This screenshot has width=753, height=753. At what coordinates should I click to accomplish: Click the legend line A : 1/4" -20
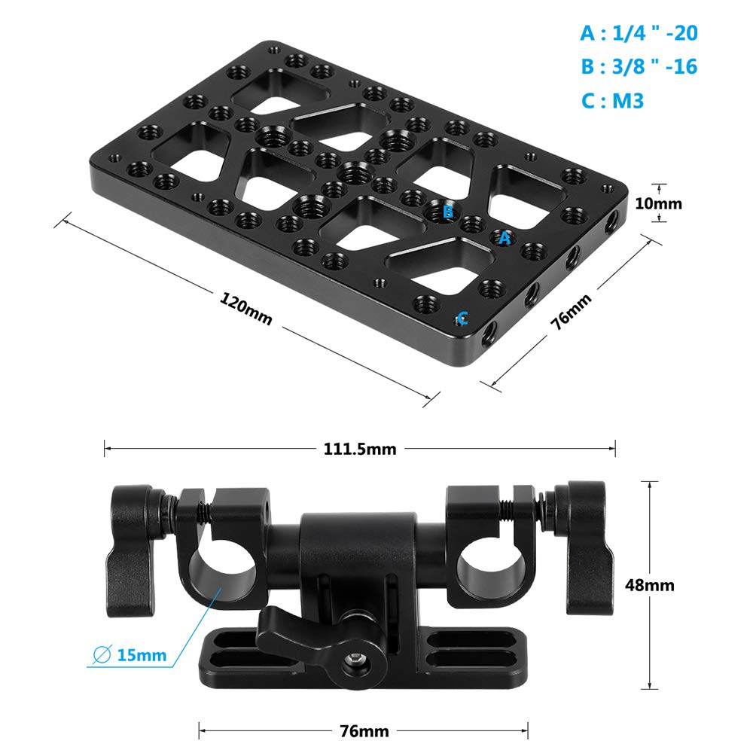639,33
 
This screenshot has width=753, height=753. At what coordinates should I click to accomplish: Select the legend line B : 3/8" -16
639,66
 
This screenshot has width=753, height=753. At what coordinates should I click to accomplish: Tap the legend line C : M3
612,101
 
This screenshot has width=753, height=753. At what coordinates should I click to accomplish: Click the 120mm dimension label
246,309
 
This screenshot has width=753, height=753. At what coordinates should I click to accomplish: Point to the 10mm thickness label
658,203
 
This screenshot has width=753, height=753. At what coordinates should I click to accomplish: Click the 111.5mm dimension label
360,449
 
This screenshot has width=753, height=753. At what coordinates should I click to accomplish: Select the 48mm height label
649,585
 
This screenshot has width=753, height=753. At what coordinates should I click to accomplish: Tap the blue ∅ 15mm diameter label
130,655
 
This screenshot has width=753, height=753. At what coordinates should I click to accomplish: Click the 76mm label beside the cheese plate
571,312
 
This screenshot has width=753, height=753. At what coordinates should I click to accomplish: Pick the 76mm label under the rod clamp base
364,731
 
